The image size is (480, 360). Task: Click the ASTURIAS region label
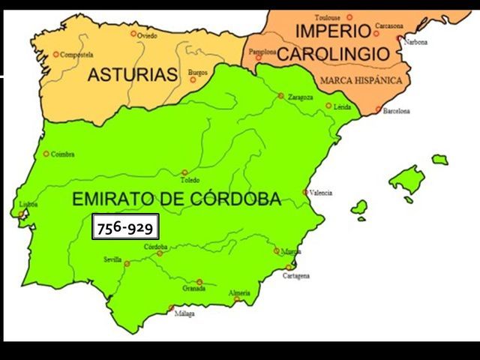133,74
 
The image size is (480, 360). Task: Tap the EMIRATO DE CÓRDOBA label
176,199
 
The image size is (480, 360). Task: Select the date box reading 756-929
125,227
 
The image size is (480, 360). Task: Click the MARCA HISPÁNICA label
361,80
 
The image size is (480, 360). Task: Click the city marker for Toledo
184,172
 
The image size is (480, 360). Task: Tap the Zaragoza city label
299,97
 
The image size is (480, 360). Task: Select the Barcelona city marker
379,110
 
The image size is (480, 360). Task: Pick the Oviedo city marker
133,33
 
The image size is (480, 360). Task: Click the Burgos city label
198,72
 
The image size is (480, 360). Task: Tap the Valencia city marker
305,192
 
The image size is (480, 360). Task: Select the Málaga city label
184,313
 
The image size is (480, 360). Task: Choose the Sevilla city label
112,259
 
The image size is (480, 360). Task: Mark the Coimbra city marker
46,154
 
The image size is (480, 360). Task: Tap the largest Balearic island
406,181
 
